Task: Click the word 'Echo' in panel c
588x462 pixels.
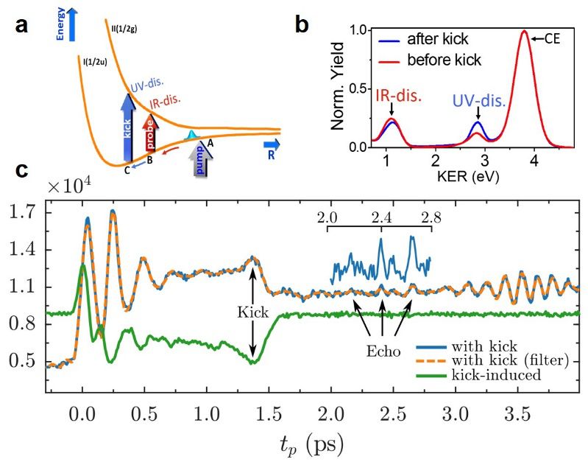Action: point(383,351)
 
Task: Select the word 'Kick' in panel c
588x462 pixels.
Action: point(252,312)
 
